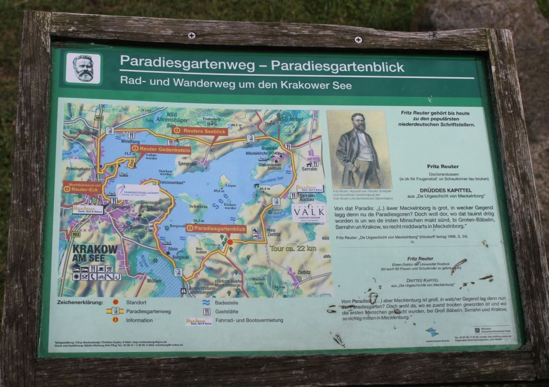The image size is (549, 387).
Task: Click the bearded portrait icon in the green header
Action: click(83, 69)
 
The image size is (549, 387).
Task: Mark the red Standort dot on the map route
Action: click(230, 242)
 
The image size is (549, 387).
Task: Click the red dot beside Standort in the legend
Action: click(115, 302)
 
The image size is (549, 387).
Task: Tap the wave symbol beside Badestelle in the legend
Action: click(205, 302)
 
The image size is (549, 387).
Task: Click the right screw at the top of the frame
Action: click(358, 40)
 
